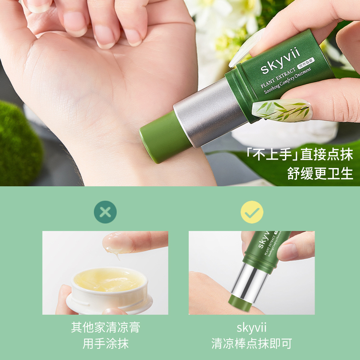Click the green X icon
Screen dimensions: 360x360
[105, 212]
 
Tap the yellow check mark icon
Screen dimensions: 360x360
[252, 212]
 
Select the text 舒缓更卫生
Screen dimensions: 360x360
[320, 174]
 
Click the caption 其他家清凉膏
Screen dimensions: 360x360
[105, 327]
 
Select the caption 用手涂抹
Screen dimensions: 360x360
[105, 343]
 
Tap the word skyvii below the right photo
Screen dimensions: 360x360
[251, 327]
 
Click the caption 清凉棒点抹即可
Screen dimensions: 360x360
[251, 343]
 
